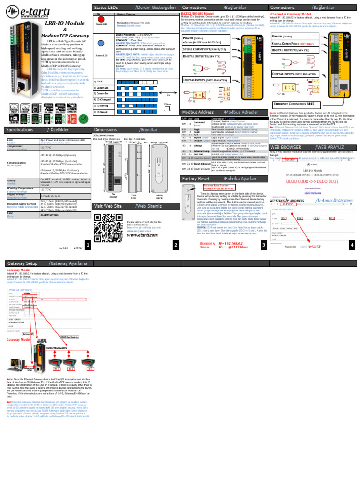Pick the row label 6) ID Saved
102,112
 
